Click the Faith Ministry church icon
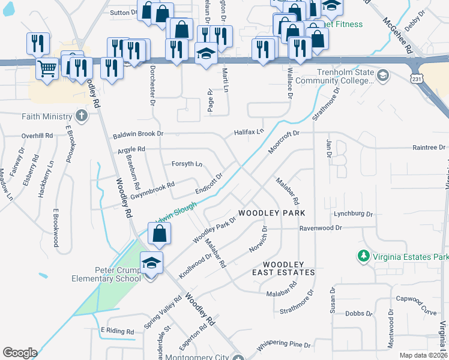[x=82, y=116]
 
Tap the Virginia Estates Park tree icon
[x=363, y=257]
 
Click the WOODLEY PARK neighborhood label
[x=272, y=213]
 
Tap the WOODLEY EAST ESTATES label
[x=289, y=268]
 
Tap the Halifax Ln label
[x=249, y=131]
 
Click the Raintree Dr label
[x=430, y=147]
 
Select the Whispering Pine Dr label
[x=283, y=346]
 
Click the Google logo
[x=20, y=353]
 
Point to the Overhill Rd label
[x=38, y=136]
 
